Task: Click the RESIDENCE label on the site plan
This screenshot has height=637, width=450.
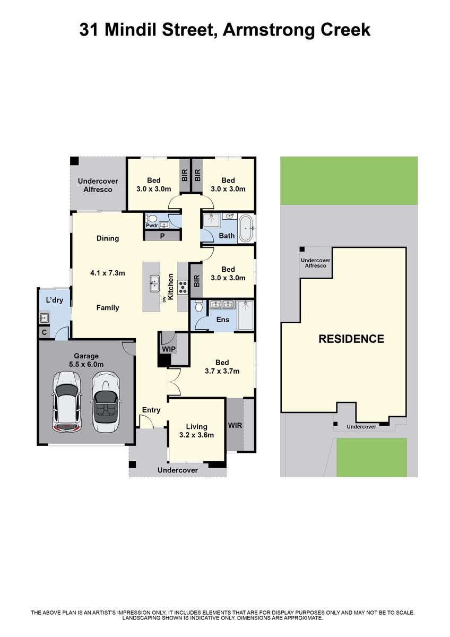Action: coord(351,339)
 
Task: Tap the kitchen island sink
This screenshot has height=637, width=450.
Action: coord(154,283)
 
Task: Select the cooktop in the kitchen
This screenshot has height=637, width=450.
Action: coord(183,287)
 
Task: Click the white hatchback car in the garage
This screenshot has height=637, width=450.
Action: coord(67,403)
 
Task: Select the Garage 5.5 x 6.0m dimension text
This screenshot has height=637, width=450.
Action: coord(86,360)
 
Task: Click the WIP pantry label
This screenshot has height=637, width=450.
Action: coord(169,349)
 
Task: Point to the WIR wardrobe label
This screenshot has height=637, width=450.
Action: coord(235,425)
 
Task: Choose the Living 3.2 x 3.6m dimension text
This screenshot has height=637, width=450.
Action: coord(196,431)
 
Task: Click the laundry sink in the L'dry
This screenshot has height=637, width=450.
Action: coord(45,317)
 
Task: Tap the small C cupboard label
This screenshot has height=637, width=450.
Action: coord(44,332)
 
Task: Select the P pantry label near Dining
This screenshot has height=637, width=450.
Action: coord(162,236)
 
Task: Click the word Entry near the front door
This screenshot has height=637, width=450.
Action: coord(151,410)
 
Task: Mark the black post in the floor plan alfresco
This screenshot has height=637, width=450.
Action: coord(74,161)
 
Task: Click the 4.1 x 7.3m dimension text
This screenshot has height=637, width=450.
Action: coord(107,273)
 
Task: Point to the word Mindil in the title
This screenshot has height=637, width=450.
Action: coord(131,30)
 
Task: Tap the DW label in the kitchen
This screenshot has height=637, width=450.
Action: coord(164,299)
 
